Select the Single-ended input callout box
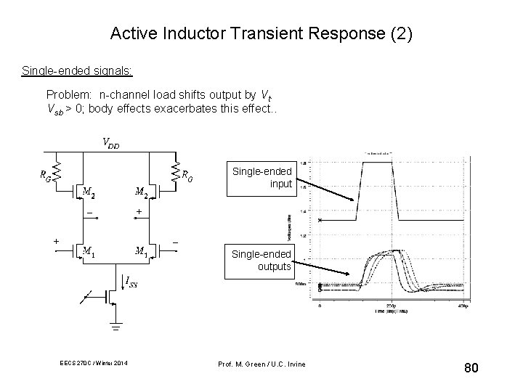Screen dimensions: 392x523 click(x=262, y=177)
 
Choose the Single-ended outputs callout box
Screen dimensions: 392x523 click(x=261, y=260)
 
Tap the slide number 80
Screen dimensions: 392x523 click(x=471, y=369)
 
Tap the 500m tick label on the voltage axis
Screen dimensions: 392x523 click(x=300, y=285)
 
